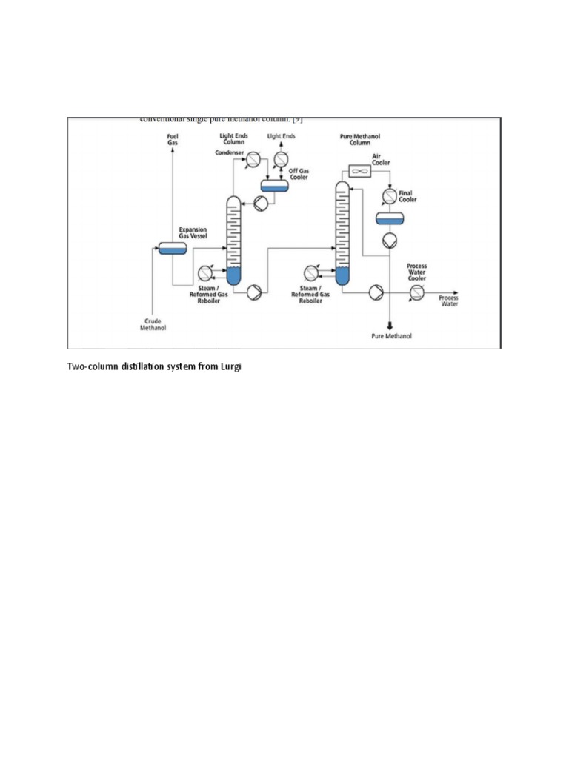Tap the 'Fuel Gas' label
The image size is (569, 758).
click(172, 139)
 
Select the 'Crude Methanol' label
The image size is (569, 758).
click(153, 324)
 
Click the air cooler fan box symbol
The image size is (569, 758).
click(359, 171)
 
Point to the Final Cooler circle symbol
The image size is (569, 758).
click(389, 196)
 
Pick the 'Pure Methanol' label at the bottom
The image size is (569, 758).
click(390, 336)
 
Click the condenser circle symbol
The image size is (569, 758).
click(253, 158)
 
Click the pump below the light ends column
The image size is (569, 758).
click(253, 293)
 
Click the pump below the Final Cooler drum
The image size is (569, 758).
click(389, 241)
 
